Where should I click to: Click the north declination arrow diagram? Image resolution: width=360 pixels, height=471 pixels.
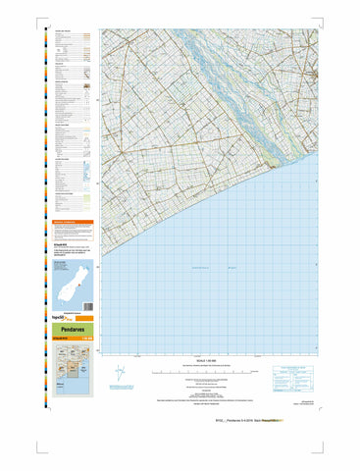[x=120, y=373]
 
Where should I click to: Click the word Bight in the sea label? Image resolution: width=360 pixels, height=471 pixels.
[x=233, y=269]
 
